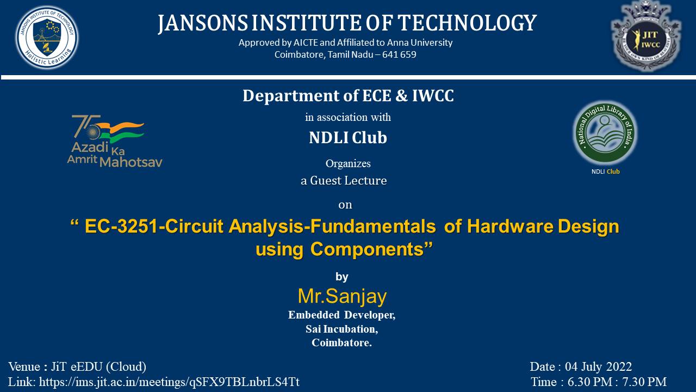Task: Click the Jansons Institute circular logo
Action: click(x=47, y=37)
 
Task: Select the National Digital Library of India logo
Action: click(x=605, y=133)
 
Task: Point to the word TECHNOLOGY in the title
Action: click(x=467, y=23)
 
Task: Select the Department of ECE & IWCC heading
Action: click(x=348, y=96)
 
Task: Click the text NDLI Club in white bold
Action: click(x=348, y=138)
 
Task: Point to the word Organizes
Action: click(x=348, y=163)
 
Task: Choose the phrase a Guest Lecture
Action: click(x=344, y=181)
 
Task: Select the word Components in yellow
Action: click(x=366, y=249)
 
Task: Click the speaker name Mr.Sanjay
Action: click(x=342, y=296)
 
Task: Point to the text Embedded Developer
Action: click(x=341, y=315)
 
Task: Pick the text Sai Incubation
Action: click(x=341, y=329)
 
